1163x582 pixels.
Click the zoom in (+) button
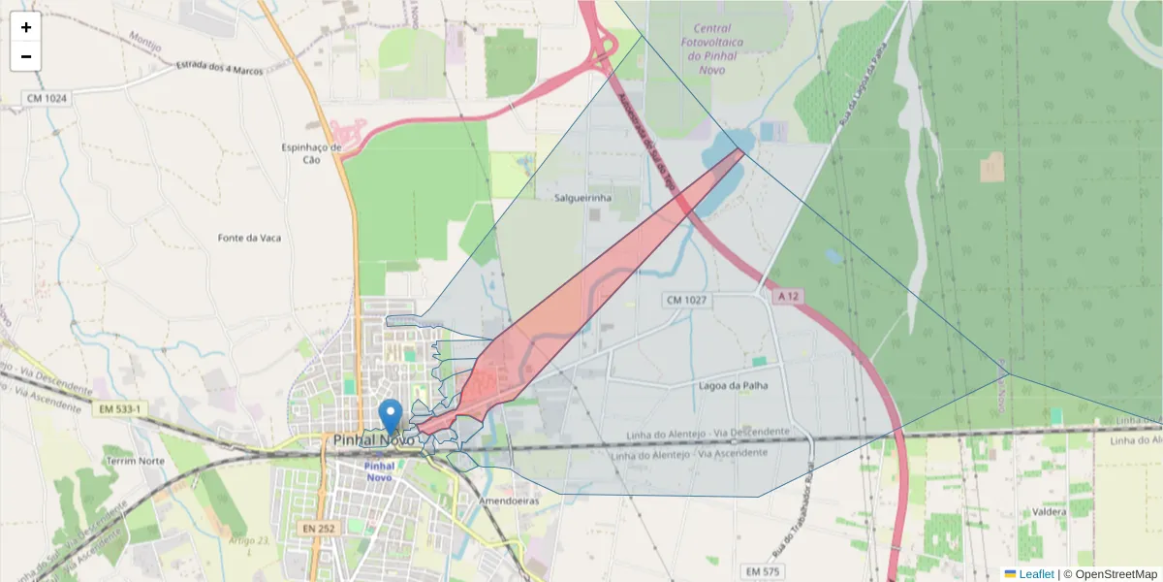(x=26, y=27)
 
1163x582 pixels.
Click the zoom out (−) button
(x=26, y=56)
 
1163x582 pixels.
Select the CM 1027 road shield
(x=685, y=301)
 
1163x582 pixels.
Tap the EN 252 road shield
(x=317, y=529)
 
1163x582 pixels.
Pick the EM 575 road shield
(x=763, y=571)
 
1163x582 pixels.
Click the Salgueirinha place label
(x=582, y=198)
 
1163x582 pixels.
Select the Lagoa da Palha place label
(x=733, y=385)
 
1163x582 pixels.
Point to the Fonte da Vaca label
(x=249, y=238)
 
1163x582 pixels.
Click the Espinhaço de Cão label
(x=311, y=153)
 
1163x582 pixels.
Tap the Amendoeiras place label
(x=509, y=501)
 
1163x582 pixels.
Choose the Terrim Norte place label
(x=136, y=461)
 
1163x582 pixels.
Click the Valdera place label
(x=1050, y=510)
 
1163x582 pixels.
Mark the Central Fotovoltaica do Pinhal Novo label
(x=726, y=44)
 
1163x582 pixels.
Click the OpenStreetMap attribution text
(x=1111, y=574)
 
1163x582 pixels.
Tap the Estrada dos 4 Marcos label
(x=220, y=68)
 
